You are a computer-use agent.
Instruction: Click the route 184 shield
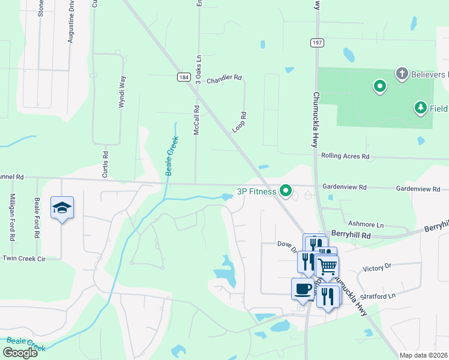point(184,77)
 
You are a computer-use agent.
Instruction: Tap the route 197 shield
point(317,43)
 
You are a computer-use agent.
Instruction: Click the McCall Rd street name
point(196,119)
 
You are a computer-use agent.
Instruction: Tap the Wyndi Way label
point(122,91)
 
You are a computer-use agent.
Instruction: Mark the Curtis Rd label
point(105,161)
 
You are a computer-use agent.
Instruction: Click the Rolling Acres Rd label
point(345,156)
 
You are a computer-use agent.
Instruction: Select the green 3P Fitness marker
point(286,191)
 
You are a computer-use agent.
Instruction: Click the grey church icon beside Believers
point(402,74)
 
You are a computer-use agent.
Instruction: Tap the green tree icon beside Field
point(421,108)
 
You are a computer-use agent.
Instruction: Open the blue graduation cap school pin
point(62,208)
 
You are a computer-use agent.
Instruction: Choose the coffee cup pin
point(303,289)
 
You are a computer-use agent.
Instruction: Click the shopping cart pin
point(327,266)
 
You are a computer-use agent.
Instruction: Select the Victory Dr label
point(377,265)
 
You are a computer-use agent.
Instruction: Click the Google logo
point(20,353)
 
